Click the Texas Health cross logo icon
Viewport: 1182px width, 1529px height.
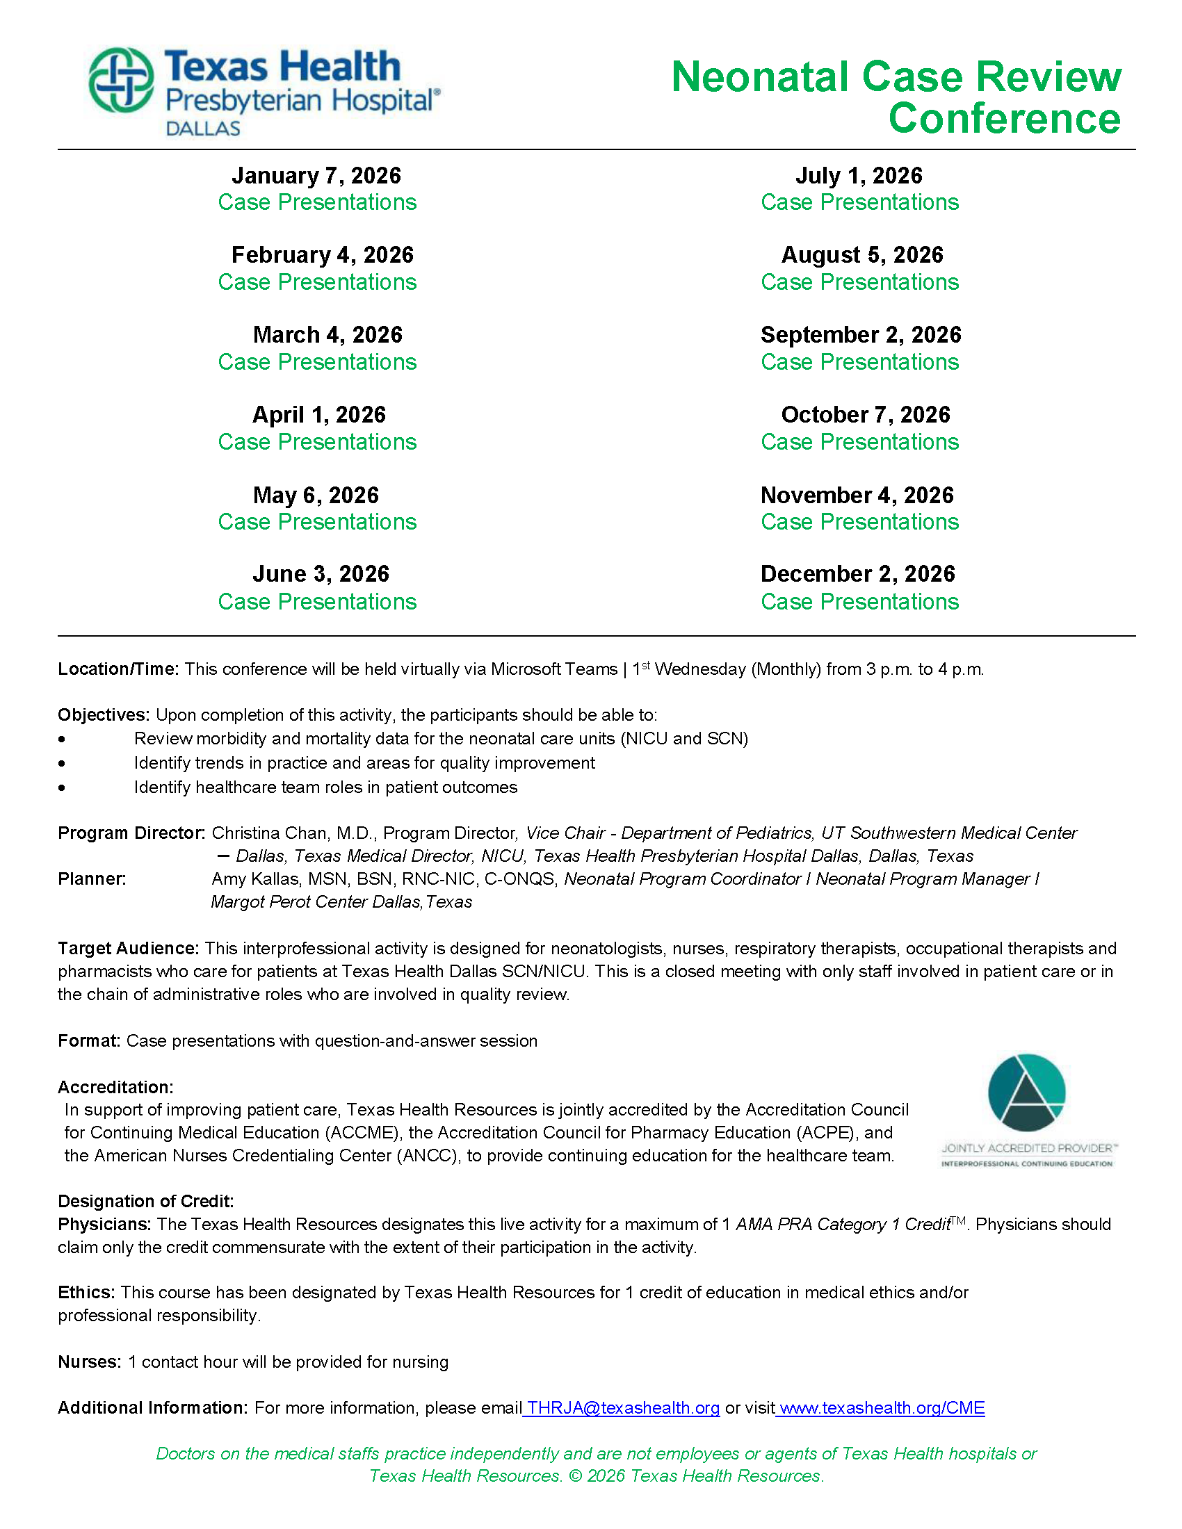point(122,80)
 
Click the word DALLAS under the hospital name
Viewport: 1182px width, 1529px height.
point(203,129)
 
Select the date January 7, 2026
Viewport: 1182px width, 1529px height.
point(316,176)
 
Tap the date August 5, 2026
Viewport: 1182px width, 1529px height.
point(862,255)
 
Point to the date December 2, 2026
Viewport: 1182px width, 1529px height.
point(858,574)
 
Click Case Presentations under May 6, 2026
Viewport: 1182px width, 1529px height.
point(317,522)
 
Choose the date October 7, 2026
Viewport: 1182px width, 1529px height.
point(866,415)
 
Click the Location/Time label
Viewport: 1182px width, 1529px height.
point(118,669)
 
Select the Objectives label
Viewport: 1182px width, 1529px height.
point(104,714)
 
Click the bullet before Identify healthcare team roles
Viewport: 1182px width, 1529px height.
point(63,787)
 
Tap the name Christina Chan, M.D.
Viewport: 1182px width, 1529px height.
point(294,833)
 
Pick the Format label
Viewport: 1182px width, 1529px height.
point(89,1041)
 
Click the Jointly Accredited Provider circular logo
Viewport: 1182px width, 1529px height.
point(1026,1093)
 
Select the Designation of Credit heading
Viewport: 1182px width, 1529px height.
point(145,1202)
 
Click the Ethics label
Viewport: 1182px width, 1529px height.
point(86,1293)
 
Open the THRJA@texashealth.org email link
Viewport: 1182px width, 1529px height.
point(623,1408)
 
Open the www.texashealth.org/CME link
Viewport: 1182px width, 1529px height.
point(882,1408)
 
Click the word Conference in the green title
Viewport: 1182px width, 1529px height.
point(1004,118)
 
